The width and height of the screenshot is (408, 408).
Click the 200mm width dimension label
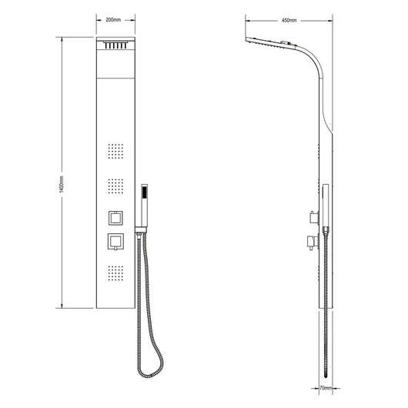click(x=113, y=20)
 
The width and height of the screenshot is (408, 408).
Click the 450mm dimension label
click(x=289, y=20)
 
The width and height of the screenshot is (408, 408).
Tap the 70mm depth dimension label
click(x=326, y=388)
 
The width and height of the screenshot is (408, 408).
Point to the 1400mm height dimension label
click(x=62, y=184)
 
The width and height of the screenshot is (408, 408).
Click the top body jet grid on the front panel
click(x=115, y=151)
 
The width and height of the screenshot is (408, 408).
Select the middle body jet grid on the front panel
click(x=115, y=186)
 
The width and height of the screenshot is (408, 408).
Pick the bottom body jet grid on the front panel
click(x=115, y=273)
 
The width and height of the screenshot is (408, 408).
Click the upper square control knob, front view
click(x=115, y=218)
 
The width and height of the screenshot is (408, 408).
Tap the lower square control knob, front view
click(x=115, y=242)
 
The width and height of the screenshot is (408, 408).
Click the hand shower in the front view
click(x=144, y=206)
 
